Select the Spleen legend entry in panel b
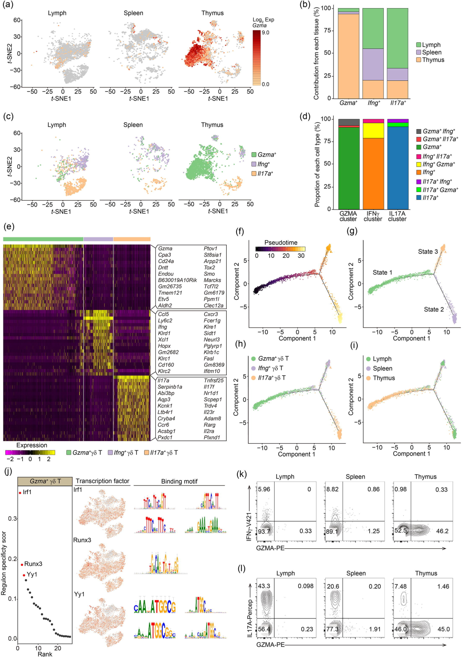point(431,52)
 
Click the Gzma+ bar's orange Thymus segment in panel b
point(348,56)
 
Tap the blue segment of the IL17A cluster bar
point(397,167)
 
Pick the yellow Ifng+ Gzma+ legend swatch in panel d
point(419,164)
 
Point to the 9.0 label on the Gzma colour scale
point(265,33)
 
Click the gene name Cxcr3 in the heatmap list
point(210,314)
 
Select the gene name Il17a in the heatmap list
point(163,380)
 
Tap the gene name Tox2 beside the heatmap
point(209,267)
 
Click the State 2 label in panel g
point(434,309)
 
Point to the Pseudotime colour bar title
point(281,243)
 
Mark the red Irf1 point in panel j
point(20,493)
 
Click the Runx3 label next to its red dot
point(33,564)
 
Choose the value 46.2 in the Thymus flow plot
point(442,531)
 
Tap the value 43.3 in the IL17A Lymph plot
point(264,586)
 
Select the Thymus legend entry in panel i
point(383,378)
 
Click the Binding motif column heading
point(179,481)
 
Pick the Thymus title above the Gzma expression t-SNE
point(213,13)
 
